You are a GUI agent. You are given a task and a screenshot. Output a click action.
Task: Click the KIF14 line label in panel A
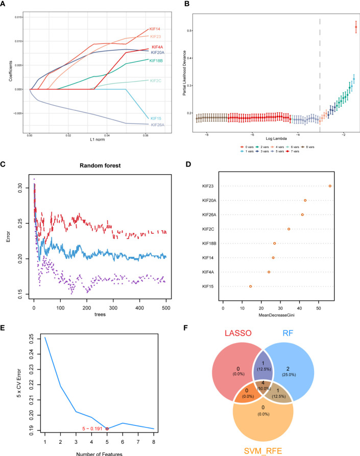(154, 29)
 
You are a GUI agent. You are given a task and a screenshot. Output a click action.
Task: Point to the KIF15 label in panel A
(154, 118)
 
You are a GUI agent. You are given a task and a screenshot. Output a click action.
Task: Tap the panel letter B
(187, 4)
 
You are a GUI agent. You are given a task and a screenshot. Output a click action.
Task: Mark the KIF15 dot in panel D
(250, 286)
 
